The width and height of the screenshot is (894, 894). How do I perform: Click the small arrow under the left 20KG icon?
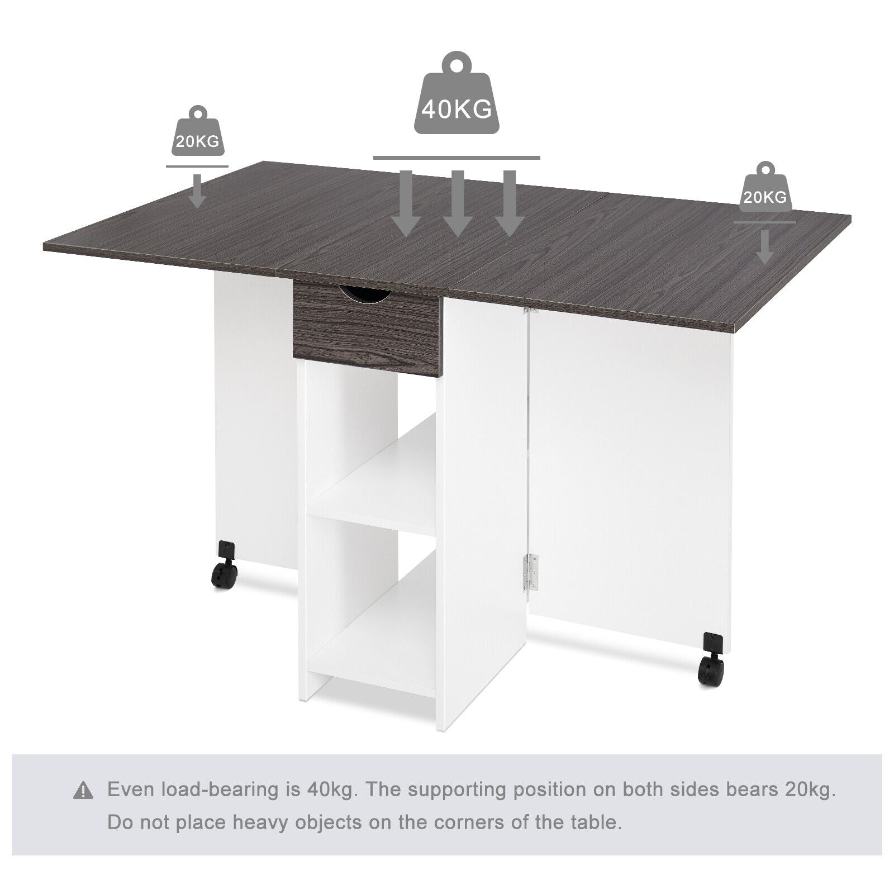pyautogui.click(x=197, y=191)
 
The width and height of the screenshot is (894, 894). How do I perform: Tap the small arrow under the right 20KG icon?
pyautogui.click(x=765, y=246)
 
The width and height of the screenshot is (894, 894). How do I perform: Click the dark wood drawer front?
pyautogui.click(x=367, y=330)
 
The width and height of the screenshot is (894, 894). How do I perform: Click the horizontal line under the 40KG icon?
pyautogui.click(x=456, y=158)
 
